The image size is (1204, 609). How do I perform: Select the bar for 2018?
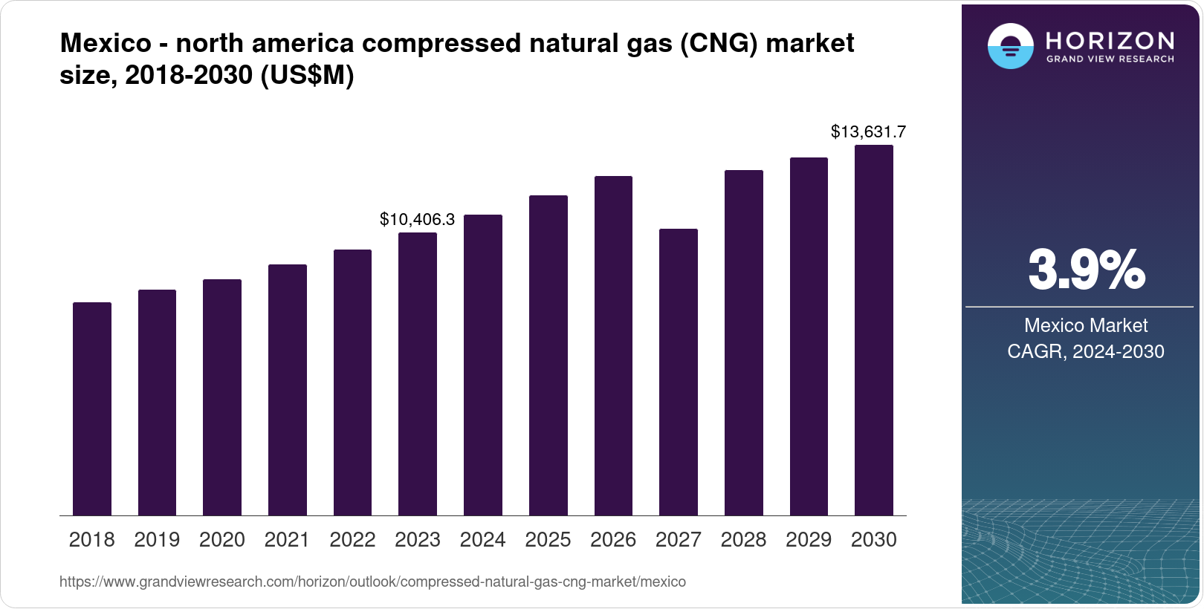(x=92, y=408)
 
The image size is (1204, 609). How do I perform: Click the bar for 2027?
(x=679, y=371)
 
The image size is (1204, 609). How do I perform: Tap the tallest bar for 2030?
(x=874, y=330)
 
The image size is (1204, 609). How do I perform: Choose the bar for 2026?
(x=613, y=345)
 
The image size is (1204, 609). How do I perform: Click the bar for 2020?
(x=222, y=397)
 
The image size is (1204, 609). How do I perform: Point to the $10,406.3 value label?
(x=417, y=220)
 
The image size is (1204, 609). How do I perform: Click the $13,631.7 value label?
(x=868, y=132)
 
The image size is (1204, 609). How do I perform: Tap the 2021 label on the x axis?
(x=287, y=540)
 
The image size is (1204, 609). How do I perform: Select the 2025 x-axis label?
(x=548, y=540)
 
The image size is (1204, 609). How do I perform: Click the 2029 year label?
(x=809, y=540)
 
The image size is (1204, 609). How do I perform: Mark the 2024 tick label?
(x=482, y=540)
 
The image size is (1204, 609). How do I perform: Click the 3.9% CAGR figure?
(x=1086, y=270)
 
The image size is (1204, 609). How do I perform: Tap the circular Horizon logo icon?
(x=1010, y=46)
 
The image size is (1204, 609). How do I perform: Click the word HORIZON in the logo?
(x=1110, y=40)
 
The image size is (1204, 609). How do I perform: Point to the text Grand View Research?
(x=1110, y=59)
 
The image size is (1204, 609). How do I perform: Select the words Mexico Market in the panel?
(x=1086, y=325)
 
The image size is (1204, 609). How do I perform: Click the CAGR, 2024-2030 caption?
(x=1086, y=351)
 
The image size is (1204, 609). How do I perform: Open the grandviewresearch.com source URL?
(x=372, y=582)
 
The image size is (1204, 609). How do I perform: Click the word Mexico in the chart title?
(x=106, y=43)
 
